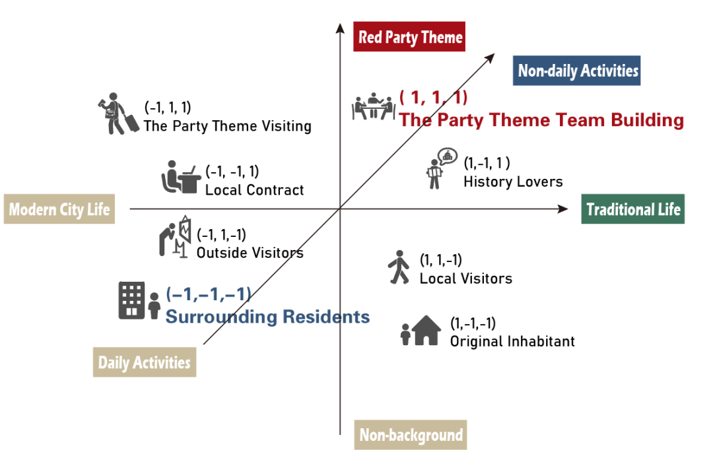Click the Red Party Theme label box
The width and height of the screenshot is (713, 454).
pyautogui.click(x=409, y=37)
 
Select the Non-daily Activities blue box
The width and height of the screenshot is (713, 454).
pyautogui.click(x=577, y=71)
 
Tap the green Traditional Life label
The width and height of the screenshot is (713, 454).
pyautogui.click(x=632, y=210)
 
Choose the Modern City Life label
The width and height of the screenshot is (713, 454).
pyautogui.click(x=59, y=209)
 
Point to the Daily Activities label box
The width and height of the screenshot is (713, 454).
pyautogui.click(x=144, y=362)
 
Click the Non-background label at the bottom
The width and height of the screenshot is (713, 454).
pyautogui.click(x=411, y=436)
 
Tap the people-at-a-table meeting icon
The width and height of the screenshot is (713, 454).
pyautogui.click(x=372, y=106)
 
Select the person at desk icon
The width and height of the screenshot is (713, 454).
pyautogui.click(x=179, y=177)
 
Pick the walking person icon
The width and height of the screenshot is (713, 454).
pyautogui.click(x=398, y=267)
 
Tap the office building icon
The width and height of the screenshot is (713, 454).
pyautogui.click(x=131, y=300)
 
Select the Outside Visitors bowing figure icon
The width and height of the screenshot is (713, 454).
pyautogui.click(x=174, y=235)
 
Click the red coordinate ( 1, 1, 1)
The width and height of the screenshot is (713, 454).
pyautogui.click(x=433, y=98)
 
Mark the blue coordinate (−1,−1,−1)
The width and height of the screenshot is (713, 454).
pyautogui.click(x=208, y=294)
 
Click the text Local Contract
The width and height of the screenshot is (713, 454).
pyautogui.click(x=254, y=190)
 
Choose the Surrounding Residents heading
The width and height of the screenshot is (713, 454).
pyautogui.click(x=267, y=317)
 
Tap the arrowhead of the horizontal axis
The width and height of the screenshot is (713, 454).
pyautogui.click(x=562, y=209)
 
